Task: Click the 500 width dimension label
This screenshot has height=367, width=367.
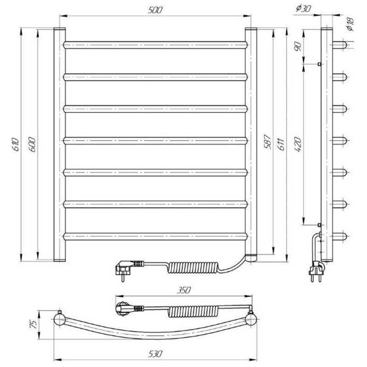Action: (x=155, y=10)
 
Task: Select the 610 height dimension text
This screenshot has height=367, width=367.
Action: (x=16, y=145)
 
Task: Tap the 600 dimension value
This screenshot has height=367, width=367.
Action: (x=32, y=145)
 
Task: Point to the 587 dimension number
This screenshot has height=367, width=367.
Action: (x=267, y=142)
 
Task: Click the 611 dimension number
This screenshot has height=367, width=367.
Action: (x=281, y=145)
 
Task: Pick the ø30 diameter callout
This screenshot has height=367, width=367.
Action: (x=303, y=8)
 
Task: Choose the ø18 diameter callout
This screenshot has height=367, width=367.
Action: (x=350, y=24)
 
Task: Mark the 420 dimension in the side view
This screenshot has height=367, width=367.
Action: (x=298, y=145)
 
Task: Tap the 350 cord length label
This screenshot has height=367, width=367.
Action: (x=184, y=290)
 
